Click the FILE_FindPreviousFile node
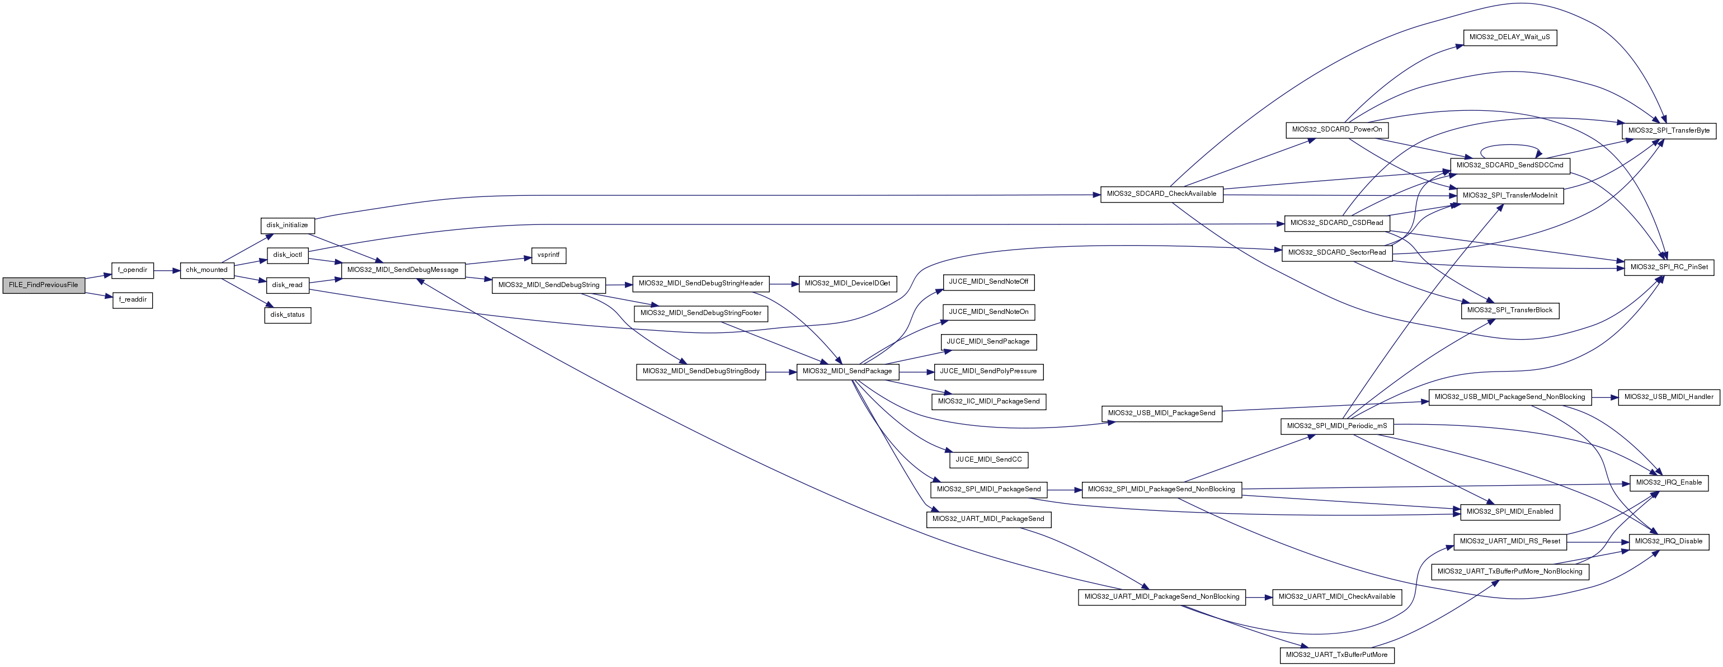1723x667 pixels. [x=44, y=285]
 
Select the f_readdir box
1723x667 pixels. [x=133, y=300]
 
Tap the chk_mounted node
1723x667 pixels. [x=206, y=270]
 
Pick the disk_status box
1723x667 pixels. [x=288, y=314]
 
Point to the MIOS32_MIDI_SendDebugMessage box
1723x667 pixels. [x=403, y=270]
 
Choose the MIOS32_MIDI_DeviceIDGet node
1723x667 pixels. [x=848, y=284]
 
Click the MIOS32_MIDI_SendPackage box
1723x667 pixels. [x=848, y=372]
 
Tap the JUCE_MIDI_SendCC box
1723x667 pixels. [x=988, y=459]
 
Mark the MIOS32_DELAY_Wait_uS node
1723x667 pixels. [x=1510, y=37]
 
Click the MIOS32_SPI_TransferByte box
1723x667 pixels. [x=1669, y=130]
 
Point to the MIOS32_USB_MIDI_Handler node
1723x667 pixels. [x=1668, y=397]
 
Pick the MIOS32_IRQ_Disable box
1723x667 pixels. [x=1669, y=541]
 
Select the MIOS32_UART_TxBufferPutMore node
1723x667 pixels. [x=1337, y=655]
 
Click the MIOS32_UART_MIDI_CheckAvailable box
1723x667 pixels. [x=1337, y=596]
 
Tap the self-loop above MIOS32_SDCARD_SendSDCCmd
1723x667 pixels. [x=1510, y=146]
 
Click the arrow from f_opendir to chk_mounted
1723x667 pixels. [x=167, y=270]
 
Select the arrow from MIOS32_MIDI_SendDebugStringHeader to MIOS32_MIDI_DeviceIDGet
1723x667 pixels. [x=784, y=284]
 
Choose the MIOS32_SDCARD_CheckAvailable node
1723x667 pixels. [x=1162, y=194]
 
